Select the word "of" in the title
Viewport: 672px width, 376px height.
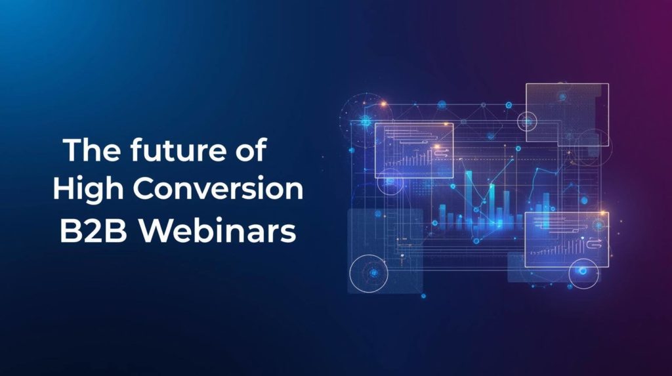pyautogui.click(x=250, y=152)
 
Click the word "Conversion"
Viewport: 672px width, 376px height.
pyautogui.click(x=219, y=190)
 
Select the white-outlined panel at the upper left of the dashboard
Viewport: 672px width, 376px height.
pyautogui.click(x=414, y=150)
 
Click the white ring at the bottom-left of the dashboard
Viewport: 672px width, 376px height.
pyautogui.click(x=369, y=273)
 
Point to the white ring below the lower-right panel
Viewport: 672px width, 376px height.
pyautogui.click(x=583, y=273)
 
